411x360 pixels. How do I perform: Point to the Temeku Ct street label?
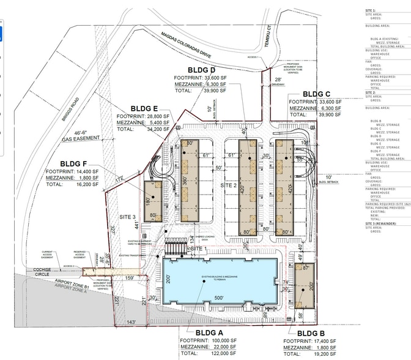pyautogui.click(x=268, y=20)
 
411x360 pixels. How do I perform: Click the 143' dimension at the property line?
pyautogui.click(x=130, y=322)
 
